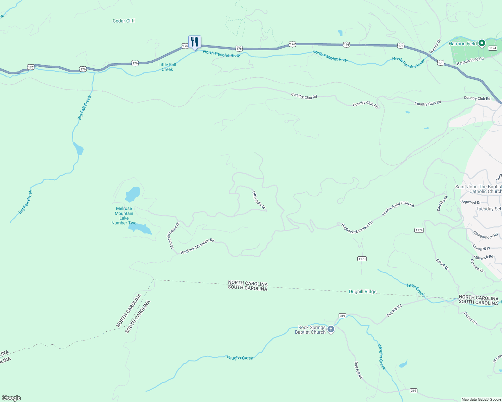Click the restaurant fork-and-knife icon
(195, 42)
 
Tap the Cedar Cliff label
(124, 21)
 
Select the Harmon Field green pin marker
(482, 43)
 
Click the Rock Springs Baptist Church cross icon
(331, 330)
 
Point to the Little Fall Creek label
(167, 67)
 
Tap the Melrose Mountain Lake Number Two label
(124, 216)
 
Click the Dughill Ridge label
(362, 291)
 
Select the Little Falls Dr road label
(259, 200)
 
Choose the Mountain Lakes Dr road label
(174, 235)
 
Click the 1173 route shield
(362, 259)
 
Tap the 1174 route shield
(419, 230)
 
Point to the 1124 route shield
(492, 48)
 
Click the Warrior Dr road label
(435, 46)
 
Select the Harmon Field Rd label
(470, 61)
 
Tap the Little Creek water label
(416, 290)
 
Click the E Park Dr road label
(442, 265)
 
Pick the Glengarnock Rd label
(485, 235)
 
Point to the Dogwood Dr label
(470, 202)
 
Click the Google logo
(11, 398)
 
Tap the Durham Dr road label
(470, 318)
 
